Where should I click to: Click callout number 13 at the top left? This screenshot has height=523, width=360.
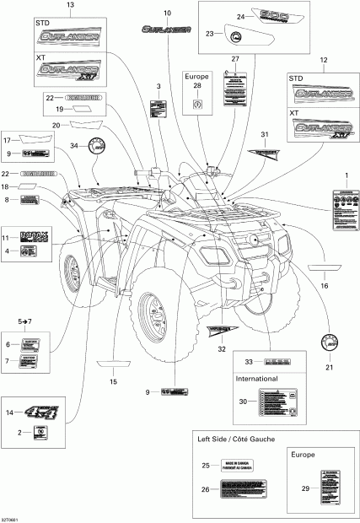70,6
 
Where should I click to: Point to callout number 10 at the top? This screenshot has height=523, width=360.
166,14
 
